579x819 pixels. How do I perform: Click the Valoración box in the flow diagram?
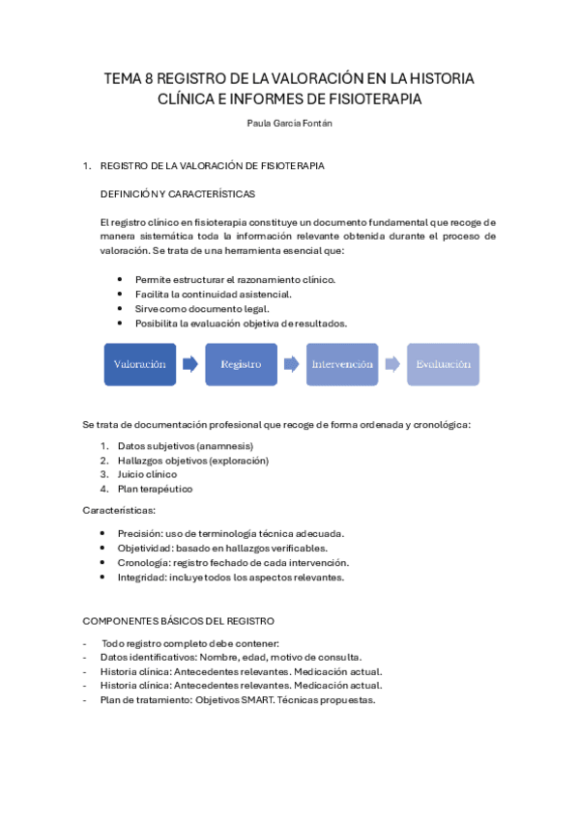140,365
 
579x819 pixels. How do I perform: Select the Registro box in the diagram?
241,365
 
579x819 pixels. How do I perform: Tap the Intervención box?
342,365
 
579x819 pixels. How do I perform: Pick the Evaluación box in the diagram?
443,365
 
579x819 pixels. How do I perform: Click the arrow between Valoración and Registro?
190,365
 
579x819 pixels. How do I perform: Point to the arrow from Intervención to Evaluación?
392,365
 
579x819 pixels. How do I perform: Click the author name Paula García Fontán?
289,123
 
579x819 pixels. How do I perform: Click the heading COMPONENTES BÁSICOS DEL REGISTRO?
179,620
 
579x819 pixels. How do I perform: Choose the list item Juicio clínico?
147,474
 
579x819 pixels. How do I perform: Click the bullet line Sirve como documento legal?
194,308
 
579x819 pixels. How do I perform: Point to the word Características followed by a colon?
119,509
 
